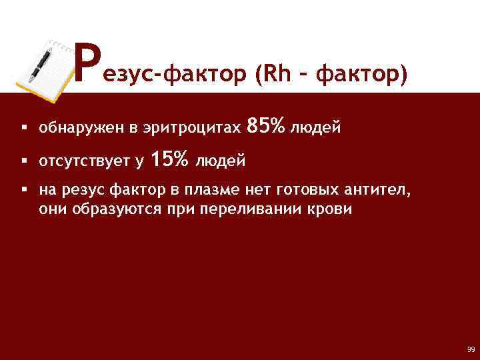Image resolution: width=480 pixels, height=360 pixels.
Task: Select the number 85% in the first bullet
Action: point(266,125)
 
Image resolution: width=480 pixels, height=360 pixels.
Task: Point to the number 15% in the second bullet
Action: point(170,160)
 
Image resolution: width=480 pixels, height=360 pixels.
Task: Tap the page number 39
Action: point(471,349)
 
